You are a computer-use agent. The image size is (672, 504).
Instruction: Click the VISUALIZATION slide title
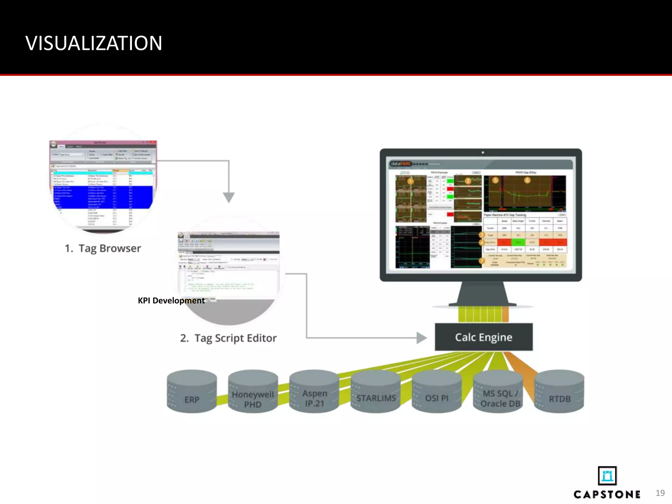point(94,43)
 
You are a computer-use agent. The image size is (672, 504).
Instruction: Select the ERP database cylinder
point(192,392)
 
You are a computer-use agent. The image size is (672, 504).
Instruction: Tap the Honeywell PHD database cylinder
point(253,392)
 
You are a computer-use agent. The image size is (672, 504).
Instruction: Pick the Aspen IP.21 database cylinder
point(314,392)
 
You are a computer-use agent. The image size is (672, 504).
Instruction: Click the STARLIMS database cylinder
point(376,392)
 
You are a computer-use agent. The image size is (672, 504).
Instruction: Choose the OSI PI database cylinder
point(437,392)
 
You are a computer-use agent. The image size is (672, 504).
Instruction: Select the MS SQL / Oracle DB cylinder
point(498,392)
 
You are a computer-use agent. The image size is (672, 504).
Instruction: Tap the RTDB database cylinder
point(559,392)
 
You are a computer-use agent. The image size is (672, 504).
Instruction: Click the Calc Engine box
point(484,337)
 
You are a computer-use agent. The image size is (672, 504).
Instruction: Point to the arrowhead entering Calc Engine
point(422,338)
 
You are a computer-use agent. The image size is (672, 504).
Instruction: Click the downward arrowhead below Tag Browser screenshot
point(229,197)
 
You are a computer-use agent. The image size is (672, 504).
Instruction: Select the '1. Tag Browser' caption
point(103,248)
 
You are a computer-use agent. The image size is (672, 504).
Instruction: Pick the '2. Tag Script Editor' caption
point(228,338)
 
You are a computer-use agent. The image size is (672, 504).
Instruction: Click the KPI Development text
point(171,301)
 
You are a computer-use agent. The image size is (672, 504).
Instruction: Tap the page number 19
point(660,493)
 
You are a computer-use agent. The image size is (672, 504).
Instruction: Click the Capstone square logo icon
point(607,475)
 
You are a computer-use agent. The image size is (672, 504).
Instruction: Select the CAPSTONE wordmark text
point(607,494)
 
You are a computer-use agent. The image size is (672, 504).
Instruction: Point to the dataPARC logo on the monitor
point(401,164)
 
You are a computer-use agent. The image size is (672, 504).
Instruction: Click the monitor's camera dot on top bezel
point(483,153)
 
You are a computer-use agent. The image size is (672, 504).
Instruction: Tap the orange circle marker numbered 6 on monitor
point(527,180)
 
